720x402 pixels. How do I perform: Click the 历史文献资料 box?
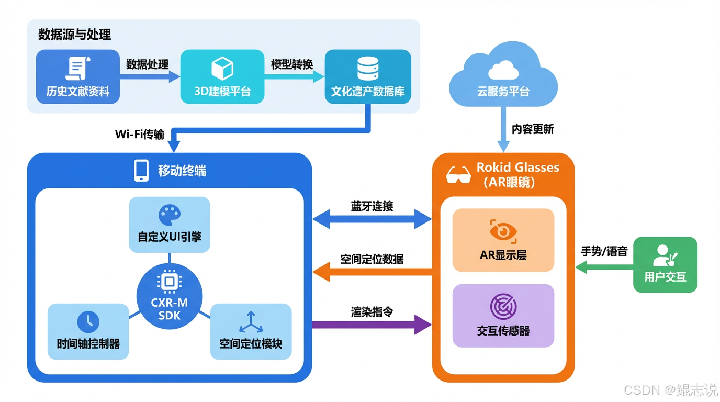coord(78,76)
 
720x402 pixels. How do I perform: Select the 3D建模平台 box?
coord(222,76)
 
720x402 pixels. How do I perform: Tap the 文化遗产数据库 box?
coord(368,76)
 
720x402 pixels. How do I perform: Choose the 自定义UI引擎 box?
coord(169,225)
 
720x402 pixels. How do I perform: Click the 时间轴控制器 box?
coord(88,331)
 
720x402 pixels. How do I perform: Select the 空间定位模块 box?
coord(251,331)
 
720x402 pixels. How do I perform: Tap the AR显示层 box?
coord(503,240)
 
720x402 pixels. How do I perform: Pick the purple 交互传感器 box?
coord(503,316)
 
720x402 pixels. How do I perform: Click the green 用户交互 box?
coord(665,264)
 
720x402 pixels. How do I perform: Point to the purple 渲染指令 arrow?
coord(372,325)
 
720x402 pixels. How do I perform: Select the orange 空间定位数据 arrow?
coord(372,272)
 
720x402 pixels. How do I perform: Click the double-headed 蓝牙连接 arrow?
coord(372,219)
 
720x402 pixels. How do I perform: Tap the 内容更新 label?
coord(533,129)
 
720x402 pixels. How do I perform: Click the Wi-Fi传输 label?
coord(139,135)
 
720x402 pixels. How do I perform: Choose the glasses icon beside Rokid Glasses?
coord(458,175)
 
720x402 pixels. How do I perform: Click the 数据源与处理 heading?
coord(74,35)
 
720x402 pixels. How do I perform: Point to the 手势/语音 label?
coord(604,251)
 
